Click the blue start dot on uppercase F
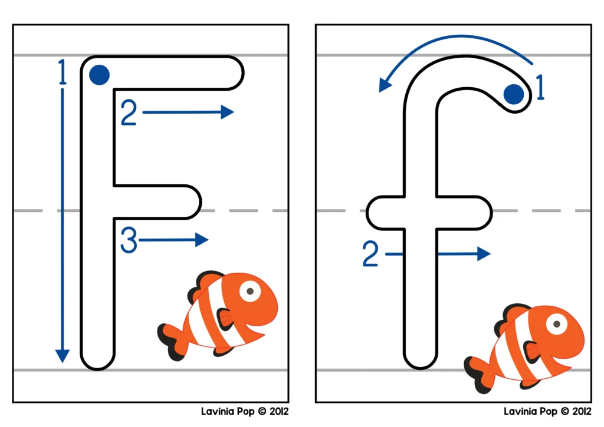[99, 75]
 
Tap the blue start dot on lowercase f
[514, 93]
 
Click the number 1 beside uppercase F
[61, 74]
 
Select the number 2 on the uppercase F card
[129, 113]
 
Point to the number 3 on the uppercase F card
[129, 241]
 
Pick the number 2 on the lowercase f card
[370, 254]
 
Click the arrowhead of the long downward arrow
[62, 356]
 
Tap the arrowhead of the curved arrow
[385, 85]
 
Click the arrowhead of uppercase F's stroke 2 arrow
[228, 112]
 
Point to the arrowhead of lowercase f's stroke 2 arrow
[484, 254]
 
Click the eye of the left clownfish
[251, 291]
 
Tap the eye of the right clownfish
[556, 323]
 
